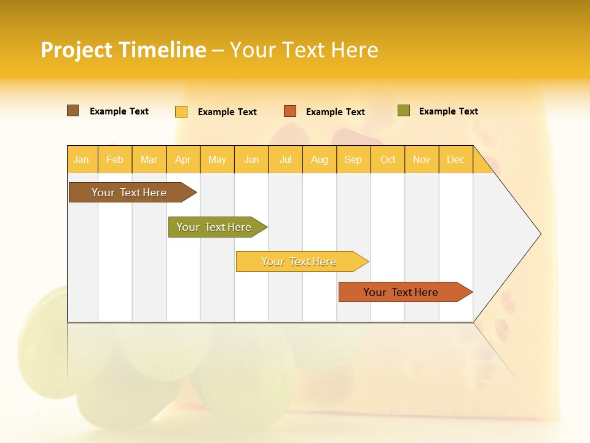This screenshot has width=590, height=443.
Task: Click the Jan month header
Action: point(81,160)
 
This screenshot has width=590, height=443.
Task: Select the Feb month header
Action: point(115,160)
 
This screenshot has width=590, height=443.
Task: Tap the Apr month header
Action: point(183,160)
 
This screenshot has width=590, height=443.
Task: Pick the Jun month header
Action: point(251,160)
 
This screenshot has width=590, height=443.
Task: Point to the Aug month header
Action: point(320,160)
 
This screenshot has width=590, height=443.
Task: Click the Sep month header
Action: point(353,160)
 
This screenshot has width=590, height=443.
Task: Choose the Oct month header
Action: point(388,160)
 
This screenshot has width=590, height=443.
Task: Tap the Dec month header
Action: point(456,160)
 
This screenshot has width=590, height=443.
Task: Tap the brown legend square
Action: point(73,111)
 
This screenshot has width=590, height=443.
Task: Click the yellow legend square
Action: point(181,111)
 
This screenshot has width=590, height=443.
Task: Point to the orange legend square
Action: point(290,111)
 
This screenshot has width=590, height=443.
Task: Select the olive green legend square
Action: point(404,111)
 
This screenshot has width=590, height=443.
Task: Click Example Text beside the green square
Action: point(448,111)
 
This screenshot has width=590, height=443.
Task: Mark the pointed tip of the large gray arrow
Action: point(540,234)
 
